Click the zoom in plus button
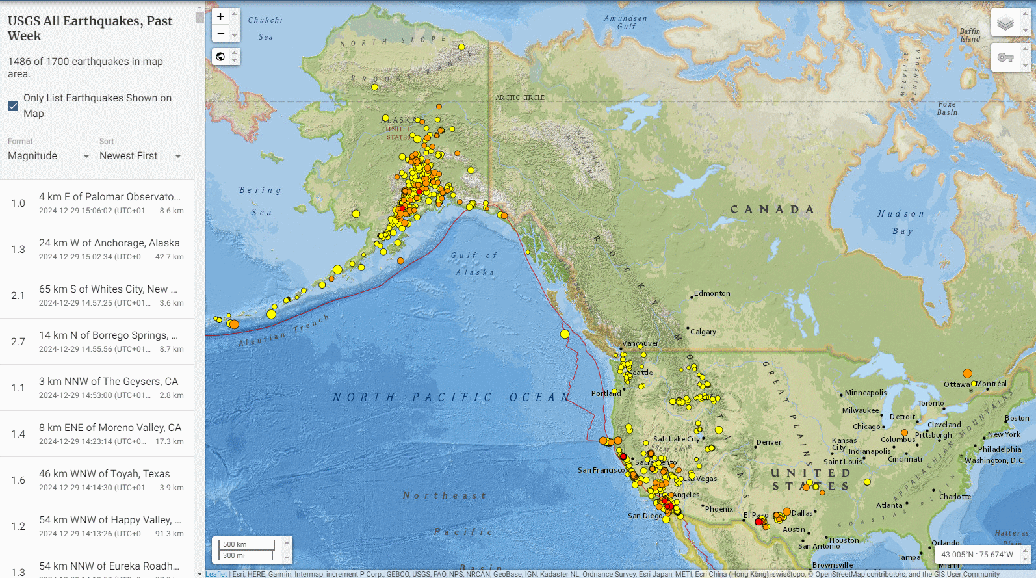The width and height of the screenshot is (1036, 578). [221, 17]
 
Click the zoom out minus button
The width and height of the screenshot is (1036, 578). [221, 33]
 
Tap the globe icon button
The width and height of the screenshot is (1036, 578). [221, 57]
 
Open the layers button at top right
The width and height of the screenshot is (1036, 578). [1005, 23]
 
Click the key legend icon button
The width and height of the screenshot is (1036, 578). [1005, 58]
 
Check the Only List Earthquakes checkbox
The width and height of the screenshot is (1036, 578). [13, 106]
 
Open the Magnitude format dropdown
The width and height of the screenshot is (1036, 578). [49, 156]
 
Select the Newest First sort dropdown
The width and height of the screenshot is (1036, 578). [141, 156]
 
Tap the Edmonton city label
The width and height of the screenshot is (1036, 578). [712, 293]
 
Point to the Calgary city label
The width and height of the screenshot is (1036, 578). [703, 332]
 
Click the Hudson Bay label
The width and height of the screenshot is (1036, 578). [901, 222]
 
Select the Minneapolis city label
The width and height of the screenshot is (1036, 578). [865, 393]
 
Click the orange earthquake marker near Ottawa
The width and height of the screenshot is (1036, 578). [967, 373]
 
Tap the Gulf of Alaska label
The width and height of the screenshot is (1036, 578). [474, 263]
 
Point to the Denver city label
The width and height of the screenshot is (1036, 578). [768, 442]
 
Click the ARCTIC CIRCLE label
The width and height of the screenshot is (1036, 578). [520, 98]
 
